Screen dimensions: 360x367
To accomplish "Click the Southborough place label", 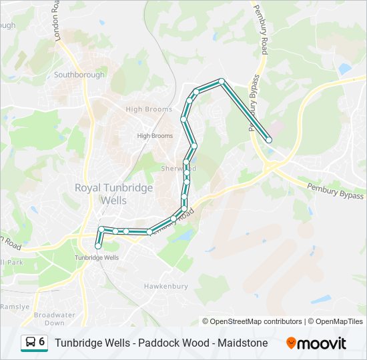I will [x=79, y=75].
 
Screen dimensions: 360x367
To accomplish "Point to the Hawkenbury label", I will [x=163, y=286].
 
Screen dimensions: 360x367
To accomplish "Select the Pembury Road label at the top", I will [x=260, y=20].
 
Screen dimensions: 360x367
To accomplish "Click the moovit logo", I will [x=316, y=343].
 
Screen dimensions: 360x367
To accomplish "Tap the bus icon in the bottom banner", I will [x=31, y=343].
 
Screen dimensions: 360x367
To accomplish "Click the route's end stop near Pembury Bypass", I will [x=269, y=140].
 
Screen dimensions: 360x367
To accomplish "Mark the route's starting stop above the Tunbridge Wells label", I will [x=98, y=247].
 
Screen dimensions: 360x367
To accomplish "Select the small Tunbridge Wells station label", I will [x=97, y=257].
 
